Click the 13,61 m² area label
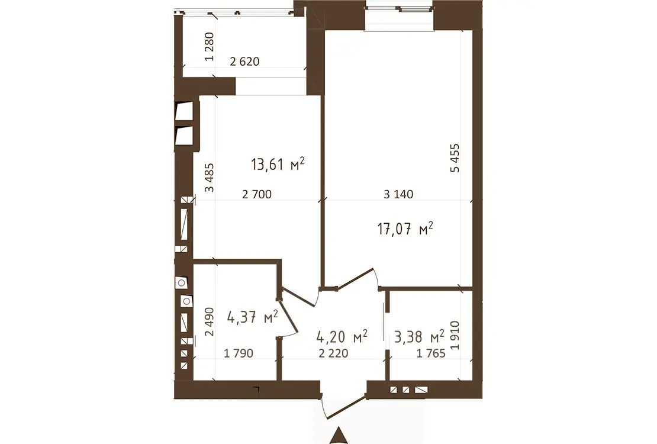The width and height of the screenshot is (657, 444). click(x=278, y=164)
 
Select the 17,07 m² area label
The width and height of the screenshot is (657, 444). click(x=405, y=229)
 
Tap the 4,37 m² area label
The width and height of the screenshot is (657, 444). click(x=252, y=317)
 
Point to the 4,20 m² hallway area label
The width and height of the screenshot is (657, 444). click(x=342, y=336)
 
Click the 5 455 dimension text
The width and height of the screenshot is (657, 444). click(x=455, y=157)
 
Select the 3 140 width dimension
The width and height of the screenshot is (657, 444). click(x=398, y=194)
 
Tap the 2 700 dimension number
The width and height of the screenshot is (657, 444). click(x=257, y=194)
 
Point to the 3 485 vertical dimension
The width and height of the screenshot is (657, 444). click(x=209, y=178)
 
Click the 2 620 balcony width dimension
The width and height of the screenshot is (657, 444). click(x=244, y=62)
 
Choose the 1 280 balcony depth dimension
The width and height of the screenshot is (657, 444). click(x=209, y=47)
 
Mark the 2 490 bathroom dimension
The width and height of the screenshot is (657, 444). click(x=209, y=321)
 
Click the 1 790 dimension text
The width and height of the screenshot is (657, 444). click(x=239, y=353)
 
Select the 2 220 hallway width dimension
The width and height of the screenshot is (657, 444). click(x=333, y=353)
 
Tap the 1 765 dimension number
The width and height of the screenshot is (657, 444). click(x=431, y=353)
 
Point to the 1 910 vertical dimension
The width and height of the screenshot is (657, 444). click(x=455, y=335)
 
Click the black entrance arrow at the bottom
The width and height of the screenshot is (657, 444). click(x=339, y=436)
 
